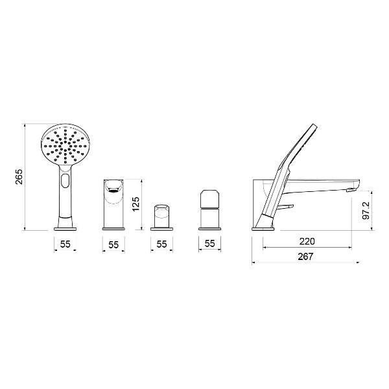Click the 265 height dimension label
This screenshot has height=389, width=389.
pyautogui.click(x=19, y=176)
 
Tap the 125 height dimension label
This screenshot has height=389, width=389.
pyautogui.click(x=136, y=204)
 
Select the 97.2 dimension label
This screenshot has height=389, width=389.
pyautogui.click(x=366, y=210)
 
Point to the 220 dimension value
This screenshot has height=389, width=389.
pyautogui.click(x=307, y=241)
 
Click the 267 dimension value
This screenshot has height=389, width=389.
pyautogui.click(x=305, y=257)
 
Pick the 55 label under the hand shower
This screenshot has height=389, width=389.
pyautogui.click(x=65, y=244)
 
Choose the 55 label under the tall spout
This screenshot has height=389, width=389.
pyautogui.click(x=113, y=245)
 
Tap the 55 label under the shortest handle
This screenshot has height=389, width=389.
pyautogui.click(x=161, y=244)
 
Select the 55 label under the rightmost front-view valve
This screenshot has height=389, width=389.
pyautogui.click(x=209, y=243)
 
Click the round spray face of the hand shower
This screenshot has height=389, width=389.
pyautogui.click(x=65, y=144)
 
